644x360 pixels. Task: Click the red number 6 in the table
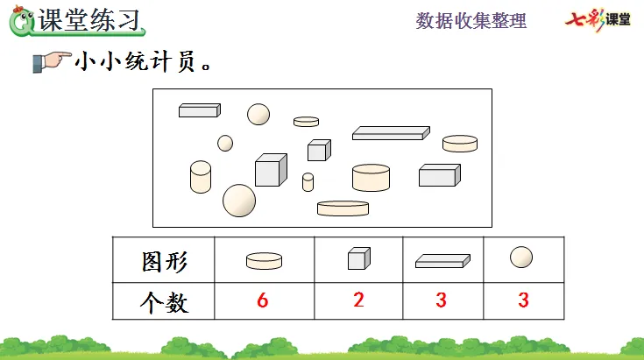pos(262,300)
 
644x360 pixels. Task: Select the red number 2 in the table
pos(358,300)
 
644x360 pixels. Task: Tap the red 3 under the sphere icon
pos(523,300)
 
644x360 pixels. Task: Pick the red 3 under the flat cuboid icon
pos(441,300)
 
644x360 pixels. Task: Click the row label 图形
pos(165,261)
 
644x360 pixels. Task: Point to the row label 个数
pos(165,303)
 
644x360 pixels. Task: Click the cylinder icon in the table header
pos(264,260)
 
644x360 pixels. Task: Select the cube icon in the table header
pos(357,258)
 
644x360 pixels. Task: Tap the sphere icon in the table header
pos(521,258)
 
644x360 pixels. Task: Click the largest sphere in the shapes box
pos(239,201)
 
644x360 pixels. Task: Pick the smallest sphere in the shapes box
pos(225,143)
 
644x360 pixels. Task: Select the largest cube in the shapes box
pos(271,170)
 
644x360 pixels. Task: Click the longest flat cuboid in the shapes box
pos(391,133)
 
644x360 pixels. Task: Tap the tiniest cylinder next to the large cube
pos(308,182)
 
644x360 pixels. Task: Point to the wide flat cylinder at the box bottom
pos(343,208)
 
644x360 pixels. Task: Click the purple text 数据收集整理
pos(471,20)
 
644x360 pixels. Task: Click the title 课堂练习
pos(90,19)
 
